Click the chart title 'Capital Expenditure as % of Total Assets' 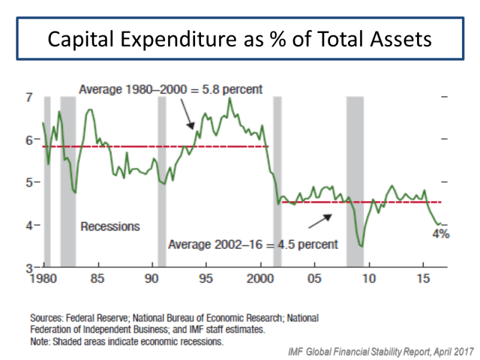coord(240,40)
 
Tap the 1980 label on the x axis coord(44,279)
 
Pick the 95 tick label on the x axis coord(206,279)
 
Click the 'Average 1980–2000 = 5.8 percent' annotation coord(171,90)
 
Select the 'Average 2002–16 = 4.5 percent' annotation coord(253,244)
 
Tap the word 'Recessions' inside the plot coord(110,226)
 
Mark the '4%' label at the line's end coord(441,234)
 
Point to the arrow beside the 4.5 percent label coord(319,221)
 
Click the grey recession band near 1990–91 coord(161,180)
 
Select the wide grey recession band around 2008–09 coord(355,180)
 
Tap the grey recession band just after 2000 coord(277,180)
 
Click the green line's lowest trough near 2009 coord(361,246)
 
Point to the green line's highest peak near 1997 coord(229,98)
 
